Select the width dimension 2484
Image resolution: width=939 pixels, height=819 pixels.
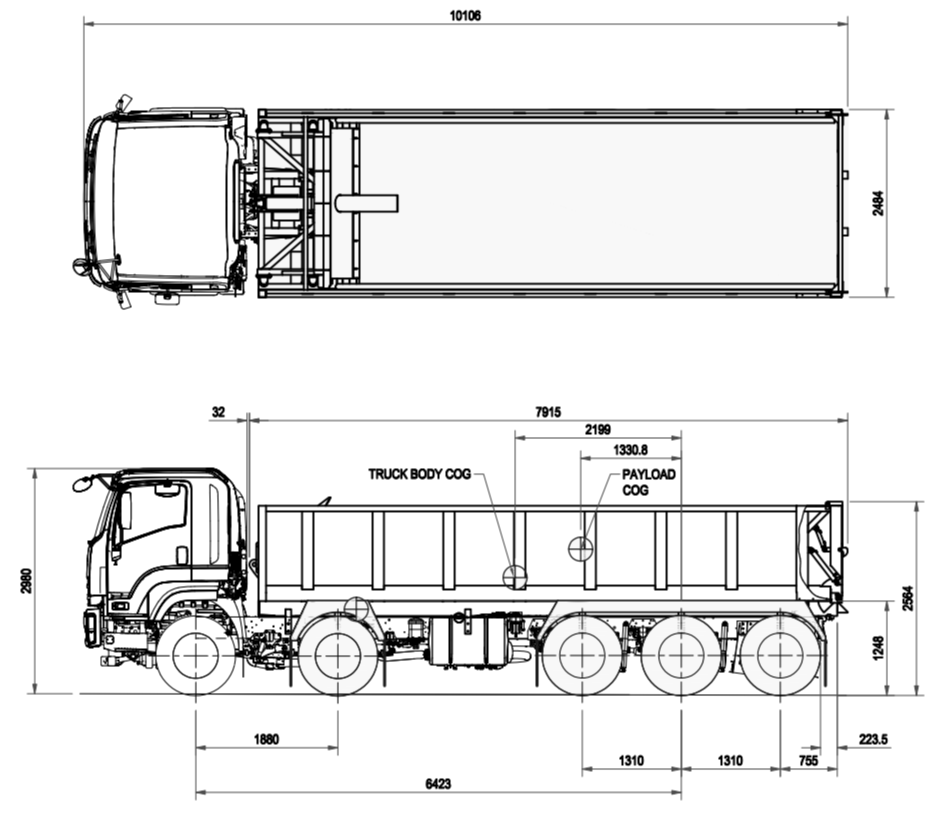[x=878, y=203]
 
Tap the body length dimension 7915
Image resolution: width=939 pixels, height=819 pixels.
[x=549, y=412]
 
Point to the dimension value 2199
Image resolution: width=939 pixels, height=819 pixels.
[x=598, y=429]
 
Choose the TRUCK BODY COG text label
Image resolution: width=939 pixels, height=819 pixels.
[x=418, y=474]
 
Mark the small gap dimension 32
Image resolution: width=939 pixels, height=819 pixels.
[x=220, y=412]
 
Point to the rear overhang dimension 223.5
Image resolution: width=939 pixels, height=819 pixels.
[x=873, y=739]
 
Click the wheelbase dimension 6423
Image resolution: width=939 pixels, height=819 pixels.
[x=437, y=785]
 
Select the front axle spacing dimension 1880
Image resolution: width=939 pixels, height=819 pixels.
[x=266, y=740]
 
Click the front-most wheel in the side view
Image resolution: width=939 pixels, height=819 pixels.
[x=196, y=656]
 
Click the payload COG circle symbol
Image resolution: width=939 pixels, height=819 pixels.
[x=581, y=548]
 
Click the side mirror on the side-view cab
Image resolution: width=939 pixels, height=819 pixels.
[x=82, y=484]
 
